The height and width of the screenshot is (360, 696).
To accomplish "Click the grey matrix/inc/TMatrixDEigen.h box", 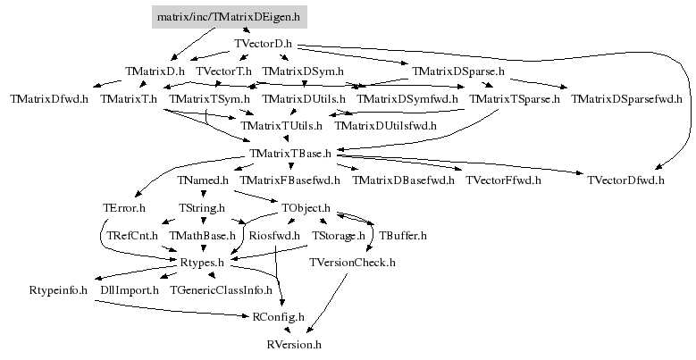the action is pyautogui.click(x=229, y=17).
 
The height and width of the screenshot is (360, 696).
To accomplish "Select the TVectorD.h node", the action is pyautogui.click(x=264, y=44).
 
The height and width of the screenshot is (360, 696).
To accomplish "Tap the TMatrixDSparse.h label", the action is pyautogui.click(x=458, y=71).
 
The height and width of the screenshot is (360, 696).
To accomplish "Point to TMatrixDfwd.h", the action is pyautogui.click(x=49, y=99).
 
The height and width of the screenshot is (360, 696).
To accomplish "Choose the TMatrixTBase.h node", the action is pyautogui.click(x=290, y=154).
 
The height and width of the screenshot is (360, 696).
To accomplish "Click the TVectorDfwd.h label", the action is pyautogui.click(x=626, y=180).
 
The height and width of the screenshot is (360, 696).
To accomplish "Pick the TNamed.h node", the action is pyautogui.click(x=203, y=180).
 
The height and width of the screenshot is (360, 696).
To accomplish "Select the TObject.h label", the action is pyautogui.click(x=306, y=208).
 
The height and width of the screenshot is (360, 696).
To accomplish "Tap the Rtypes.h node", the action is pyautogui.click(x=202, y=263).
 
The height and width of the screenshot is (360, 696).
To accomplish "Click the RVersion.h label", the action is pyautogui.click(x=294, y=345).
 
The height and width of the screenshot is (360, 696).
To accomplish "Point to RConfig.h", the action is pyautogui.click(x=279, y=317).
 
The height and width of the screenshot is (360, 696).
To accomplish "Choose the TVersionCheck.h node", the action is pyautogui.click(x=352, y=263).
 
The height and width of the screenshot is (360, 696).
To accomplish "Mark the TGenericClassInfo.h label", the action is pyautogui.click(x=221, y=290).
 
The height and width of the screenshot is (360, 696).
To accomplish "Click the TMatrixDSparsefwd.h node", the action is pyautogui.click(x=626, y=99).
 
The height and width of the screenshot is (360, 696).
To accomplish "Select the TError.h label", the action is pyautogui.click(x=124, y=208).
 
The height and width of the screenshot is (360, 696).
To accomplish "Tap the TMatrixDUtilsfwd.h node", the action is pyautogui.click(x=385, y=126).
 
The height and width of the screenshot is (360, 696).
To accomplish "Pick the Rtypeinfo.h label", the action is pyautogui.click(x=58, y=290).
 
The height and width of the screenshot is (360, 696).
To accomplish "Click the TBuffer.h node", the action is pyautogui.click(x=403, y=236).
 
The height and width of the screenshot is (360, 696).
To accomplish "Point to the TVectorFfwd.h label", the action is pyautogui.click(x=503, y=180).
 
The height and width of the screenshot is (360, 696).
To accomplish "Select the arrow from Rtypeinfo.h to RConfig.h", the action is pyautogui.click(x=171, y=310).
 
